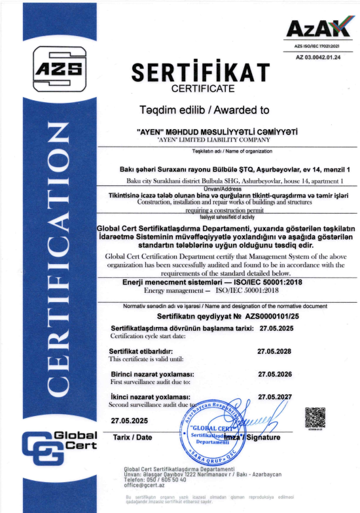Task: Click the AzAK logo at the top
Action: [x=316, y=29]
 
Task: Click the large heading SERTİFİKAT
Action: [x=201, y=71]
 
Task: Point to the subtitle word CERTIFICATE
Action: [x=200, y=87]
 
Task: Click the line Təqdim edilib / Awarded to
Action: [x=200, y=109]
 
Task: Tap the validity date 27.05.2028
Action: [x=275, y=351]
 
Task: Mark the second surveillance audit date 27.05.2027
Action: [x=275, y=397]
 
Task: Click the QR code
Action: [x=315, y=417]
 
